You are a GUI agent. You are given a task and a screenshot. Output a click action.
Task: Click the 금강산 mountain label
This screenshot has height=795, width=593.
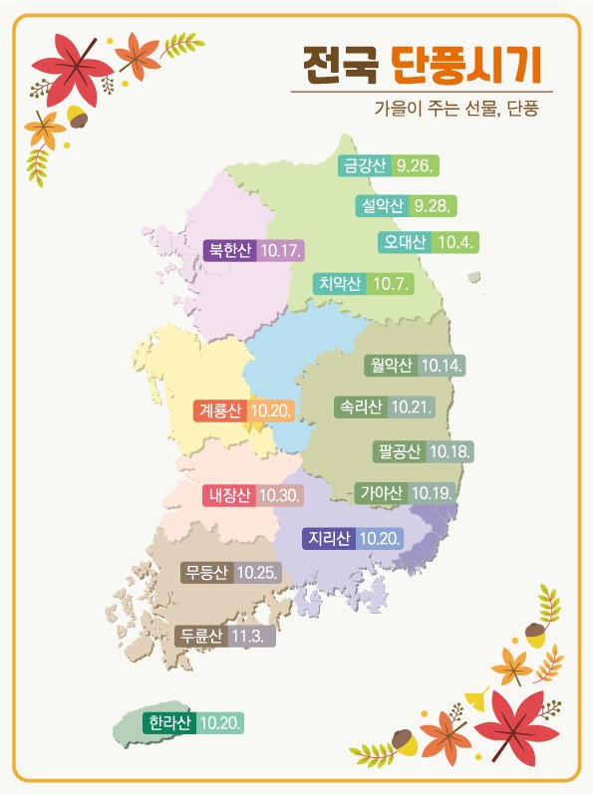(x=364, y=166)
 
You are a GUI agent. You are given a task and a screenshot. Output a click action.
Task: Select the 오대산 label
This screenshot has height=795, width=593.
(x=405, y=242)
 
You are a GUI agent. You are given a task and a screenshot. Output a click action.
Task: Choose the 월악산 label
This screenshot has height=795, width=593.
(x=391, y=365)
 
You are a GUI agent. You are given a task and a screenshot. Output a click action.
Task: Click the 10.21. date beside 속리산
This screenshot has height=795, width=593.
(x=411, y=406)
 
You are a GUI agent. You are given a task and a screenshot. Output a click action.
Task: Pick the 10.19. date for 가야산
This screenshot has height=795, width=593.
(x=433, y=492)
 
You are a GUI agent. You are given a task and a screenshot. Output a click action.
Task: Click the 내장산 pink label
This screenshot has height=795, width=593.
(x=229, y=494)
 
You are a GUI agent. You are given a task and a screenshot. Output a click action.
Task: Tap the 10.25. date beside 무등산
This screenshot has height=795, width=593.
(x=257, y=573)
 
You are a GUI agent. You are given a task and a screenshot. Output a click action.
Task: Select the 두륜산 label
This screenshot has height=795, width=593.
(x=200, y=636)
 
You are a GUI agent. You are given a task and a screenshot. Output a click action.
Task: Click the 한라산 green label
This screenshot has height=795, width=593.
(x=168, y=722)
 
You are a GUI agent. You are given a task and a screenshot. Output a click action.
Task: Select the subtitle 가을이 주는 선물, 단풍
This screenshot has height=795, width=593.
(x=456, y=108)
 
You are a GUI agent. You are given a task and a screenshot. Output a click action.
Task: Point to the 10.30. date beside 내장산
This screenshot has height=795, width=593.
(x=279, y=494)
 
